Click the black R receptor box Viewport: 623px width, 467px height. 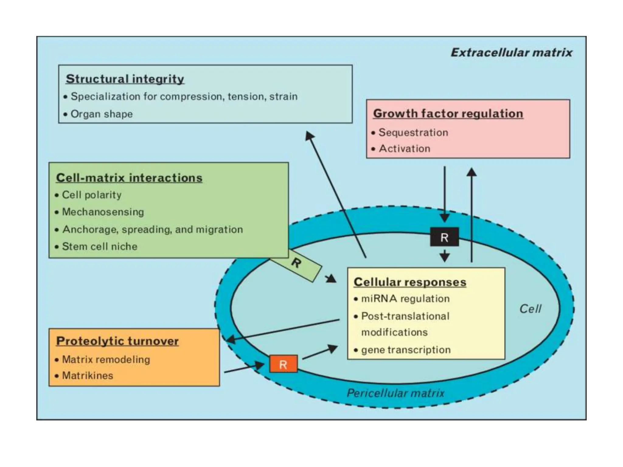pyautogui.click(x=444, y=237)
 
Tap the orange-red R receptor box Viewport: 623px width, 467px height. pyautogui.click(x=283, y=364)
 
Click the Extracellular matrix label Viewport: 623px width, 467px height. pyautogui.click(x=511, y=53)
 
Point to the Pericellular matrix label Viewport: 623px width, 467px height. pyautogui.click(x=395, y=393)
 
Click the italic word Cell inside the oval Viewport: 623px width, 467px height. pyautogui.click(x=530, y=309)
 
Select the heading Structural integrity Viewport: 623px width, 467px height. pyautogui.click(x=125, y=79)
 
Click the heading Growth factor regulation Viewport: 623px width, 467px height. pyautogui.click(x=448, y=114)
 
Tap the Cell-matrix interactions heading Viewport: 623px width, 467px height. pyautogui.click(x=129, y=178)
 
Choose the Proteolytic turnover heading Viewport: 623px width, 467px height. pyautogui.click(x=117, y=341)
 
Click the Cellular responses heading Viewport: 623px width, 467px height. pyautogui.click(x=410, y=282)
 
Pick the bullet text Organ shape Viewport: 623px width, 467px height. pyautogui.click(x=102, y=114)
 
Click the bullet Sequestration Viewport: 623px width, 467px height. pyautogui.click(x=413, y=133)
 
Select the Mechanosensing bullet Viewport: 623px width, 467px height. pyautogui.click(x=103, y=212)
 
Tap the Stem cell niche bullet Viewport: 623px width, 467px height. pyautogui.click(x=99, y=246)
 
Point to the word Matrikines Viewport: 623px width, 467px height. pyautogui.click(x=88, y=375)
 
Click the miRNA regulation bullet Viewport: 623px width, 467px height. pyautogui.click(x=405, y=299)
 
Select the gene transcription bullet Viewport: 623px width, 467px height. pyautogui.click(x=406, y=350)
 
